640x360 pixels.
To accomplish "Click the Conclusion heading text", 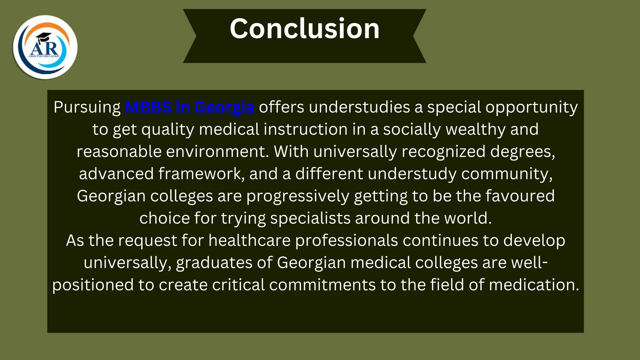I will pyautogui.click(x=304, y=29).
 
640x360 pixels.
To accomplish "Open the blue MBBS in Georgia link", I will pyautogui.click(x=189, y=107).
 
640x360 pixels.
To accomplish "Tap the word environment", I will pyautogui.click(x=217, y=152).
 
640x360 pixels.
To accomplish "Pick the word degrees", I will pyautogui.click(x=522, y=152).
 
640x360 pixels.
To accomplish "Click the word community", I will pyautogui.click(x=507, y=174).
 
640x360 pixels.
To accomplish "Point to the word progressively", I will pyautogui.click(x=297, y=196).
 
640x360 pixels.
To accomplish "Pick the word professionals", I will pyautogui.click(x=346, y=241).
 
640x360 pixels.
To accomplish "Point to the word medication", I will pyautogui.click(x=534, y=285).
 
